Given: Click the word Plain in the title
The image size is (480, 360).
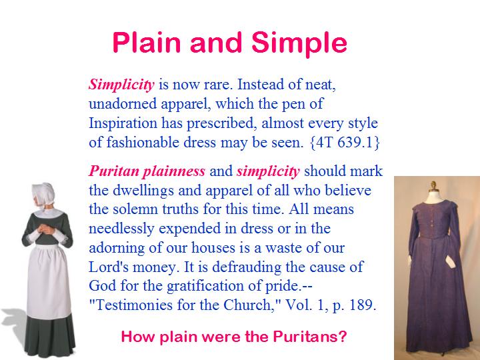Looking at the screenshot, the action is click(146, 42).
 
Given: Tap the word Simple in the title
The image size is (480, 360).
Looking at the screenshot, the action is click(299, 43).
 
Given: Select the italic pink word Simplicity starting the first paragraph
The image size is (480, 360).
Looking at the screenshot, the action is click(121, 85).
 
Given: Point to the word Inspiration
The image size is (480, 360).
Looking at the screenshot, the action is click(123, 123).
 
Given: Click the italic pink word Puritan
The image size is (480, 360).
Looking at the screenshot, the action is click(114, 171).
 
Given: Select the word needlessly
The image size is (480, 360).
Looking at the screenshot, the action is click(121, 229).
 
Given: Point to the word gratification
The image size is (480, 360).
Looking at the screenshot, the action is click(205, 286).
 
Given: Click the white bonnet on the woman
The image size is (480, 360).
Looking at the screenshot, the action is click(44, 194).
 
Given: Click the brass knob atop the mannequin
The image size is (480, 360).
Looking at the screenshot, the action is click(433, 185).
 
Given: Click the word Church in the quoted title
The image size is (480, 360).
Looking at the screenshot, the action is click(248, 305).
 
